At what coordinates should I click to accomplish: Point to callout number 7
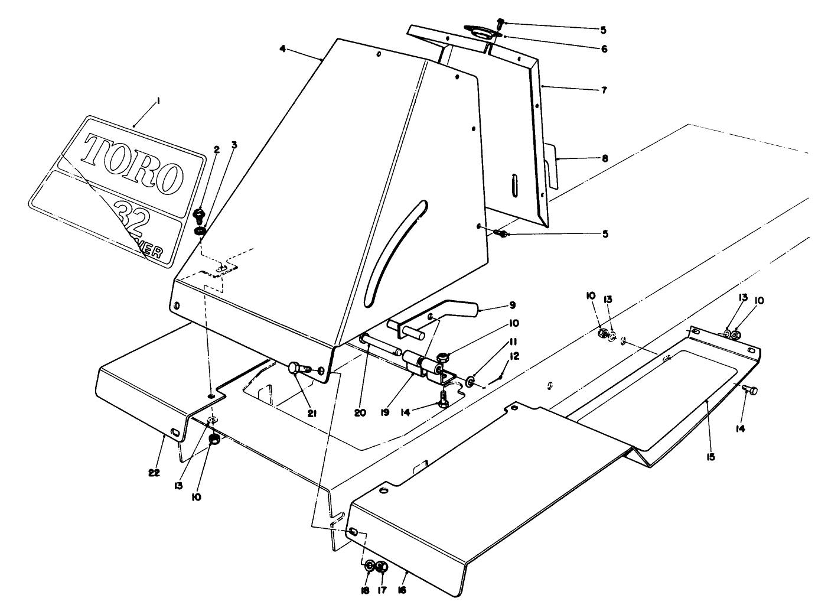coord(604,90)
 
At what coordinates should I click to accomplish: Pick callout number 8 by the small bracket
coord(604,158)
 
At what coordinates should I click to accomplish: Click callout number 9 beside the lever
coord(512,305)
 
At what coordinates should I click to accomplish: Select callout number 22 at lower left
coord(154,473)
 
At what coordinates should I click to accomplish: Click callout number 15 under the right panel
coord(710,457)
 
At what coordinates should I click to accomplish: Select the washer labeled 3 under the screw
coord(200,230)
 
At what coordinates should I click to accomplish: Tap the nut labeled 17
coord(382,567)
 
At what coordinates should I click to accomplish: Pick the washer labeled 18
coord(369,566)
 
